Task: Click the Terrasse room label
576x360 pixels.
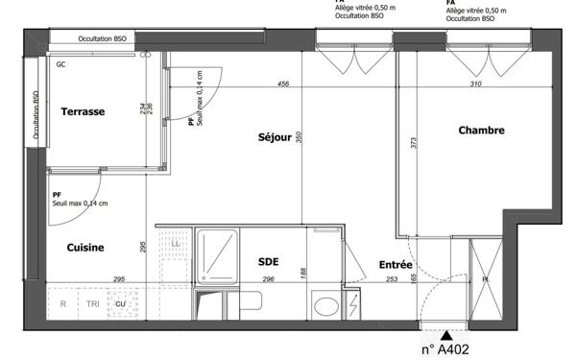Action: point(83,111)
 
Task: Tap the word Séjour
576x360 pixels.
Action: point(275,137)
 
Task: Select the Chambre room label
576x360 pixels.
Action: point(481,131)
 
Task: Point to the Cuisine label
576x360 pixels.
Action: point(85,248)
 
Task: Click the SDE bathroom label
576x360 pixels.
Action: point(268,261)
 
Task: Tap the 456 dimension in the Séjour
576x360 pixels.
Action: point(283,84)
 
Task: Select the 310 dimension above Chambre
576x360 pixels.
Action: point(476,84)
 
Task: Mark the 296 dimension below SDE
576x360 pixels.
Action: point(269,279)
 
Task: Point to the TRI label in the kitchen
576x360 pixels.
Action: point(92,304)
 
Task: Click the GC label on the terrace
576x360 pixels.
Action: point(60,65)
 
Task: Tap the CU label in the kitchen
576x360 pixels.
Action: point(121,304)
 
